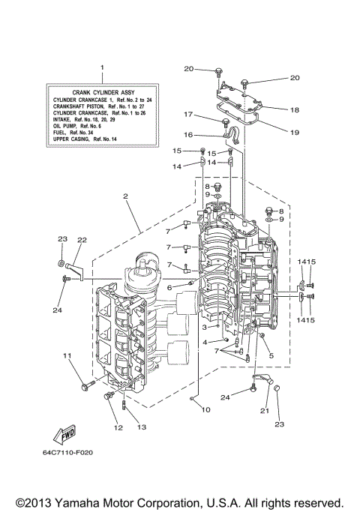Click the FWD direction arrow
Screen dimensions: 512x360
pyautogui.click(x=61, y=435)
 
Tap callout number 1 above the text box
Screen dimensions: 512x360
pyautogui.click(x=103, y=68)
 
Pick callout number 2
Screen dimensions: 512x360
pyautogui.click(x=126, y=196)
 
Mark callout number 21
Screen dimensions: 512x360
pyautogui.click(x=265, y=410)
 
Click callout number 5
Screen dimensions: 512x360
pyautogui.click(x=271, y=355)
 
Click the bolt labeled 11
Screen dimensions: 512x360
pyautogui.click(x=84, y=387)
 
